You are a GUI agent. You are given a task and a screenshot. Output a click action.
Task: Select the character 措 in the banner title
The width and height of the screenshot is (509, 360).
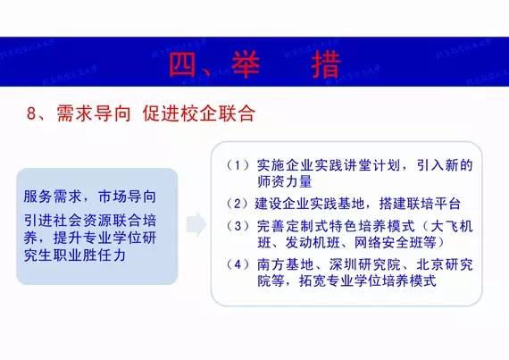point(332,63)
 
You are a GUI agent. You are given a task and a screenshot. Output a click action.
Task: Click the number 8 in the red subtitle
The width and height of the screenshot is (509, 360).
point(31,114)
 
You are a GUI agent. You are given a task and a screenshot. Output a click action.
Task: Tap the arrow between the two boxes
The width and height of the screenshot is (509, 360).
point(195,225)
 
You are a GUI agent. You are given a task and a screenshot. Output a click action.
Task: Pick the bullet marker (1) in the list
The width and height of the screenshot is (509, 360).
point(235,165)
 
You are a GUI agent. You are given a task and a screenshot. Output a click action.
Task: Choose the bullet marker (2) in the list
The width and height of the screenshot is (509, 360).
point(235,203)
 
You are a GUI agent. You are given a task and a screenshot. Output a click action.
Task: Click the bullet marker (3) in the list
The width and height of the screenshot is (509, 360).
point(235,225)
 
